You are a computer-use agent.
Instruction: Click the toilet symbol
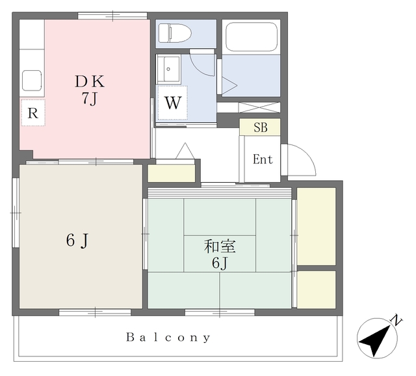click(x=175, y=33)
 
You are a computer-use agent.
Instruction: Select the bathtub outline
click(x=252, y=36)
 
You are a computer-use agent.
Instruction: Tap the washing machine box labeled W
click(x=173, y=103)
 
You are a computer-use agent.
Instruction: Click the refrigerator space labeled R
click(x=33, y=113)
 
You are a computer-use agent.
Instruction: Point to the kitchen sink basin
click(x=32, y=81)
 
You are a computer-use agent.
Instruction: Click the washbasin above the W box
click(x=169, y=69)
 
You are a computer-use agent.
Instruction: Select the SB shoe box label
click(x=260, y=128)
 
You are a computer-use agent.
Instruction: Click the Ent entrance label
click(x=263, y=159)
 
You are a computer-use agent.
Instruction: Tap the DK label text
click(x=90, y=81)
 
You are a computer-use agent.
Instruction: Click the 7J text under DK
click(x=89, y=99)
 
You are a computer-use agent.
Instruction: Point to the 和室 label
click(x=220, y=246)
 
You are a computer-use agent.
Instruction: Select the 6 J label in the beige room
click(x=77, y=241)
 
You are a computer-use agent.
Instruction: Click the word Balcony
click(x=168, y=338)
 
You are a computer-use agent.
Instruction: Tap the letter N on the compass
click(x=396, y=320)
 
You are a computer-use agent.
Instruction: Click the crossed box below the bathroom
click(x=259, y=107)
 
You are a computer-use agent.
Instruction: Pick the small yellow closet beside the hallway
click(x=172, y=174)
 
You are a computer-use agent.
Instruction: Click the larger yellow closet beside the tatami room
click(x=317, y=226)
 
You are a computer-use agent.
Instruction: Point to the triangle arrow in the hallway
click(x=185, y=151)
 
